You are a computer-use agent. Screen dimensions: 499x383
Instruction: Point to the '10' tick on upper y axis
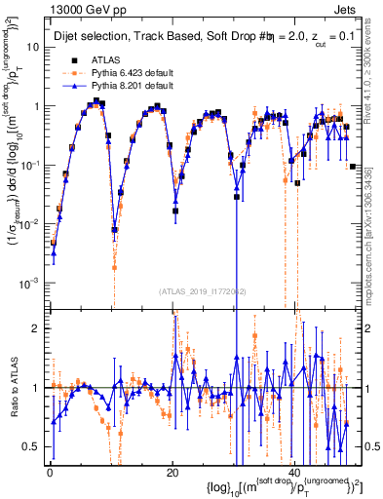coord(32,47)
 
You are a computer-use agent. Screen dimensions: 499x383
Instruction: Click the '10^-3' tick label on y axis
coord(28,283)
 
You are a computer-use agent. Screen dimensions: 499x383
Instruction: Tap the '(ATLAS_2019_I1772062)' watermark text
coord(202,290)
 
